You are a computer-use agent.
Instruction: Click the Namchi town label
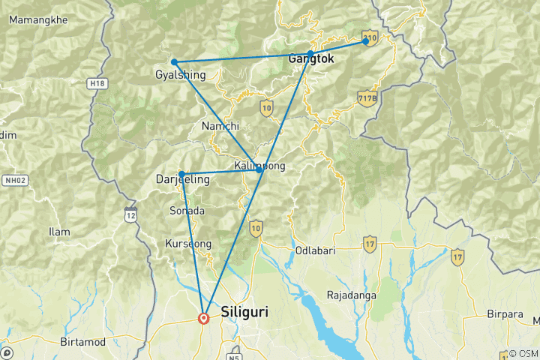click(220, 126)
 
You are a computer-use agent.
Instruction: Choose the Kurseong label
click(187, 244)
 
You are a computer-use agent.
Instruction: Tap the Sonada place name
click(187, 211)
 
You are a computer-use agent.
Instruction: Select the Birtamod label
click(84, 341)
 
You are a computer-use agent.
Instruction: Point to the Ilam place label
click(59, 232)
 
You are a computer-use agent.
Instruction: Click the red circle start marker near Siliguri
click(203, 318)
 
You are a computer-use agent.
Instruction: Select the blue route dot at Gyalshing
click(174, 62)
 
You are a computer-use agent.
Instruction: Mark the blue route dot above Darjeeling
click(181, 174)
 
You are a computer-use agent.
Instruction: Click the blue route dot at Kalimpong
click(259, 171)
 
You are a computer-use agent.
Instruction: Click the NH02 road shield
click(14, 181)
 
